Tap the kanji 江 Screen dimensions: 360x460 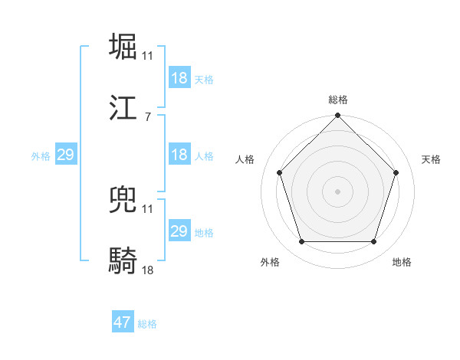(x=123, y=108)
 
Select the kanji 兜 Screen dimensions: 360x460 (x=123, y=198)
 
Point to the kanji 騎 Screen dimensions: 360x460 (x=123, y=260)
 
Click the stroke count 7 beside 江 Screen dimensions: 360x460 (x=147, y=117)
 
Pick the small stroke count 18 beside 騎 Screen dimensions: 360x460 (x=148, y=270)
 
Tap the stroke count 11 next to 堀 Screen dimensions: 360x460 (x=148, y=55)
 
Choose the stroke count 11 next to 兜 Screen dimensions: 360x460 (x=148, y=208)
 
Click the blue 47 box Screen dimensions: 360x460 (x=123, y=322)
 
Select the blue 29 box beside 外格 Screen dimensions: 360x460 (x=65, y=155)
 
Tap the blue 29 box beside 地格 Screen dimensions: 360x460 (x=179, y=231)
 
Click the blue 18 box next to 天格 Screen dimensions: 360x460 (x=179, y=78)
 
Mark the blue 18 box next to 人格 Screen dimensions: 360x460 (x=179, y=155)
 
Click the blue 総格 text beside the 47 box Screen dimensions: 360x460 (x=147, y=324)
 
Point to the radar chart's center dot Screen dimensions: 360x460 (x=337, y=191)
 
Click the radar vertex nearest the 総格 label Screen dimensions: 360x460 (x=337, y=116)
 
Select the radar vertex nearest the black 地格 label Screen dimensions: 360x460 (x=373, y=242)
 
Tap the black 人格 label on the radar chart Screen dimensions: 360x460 (x=246, y=159)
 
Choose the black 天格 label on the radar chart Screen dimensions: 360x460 (x=431, y=159)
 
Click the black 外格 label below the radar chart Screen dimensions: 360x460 (x=269, y=262)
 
